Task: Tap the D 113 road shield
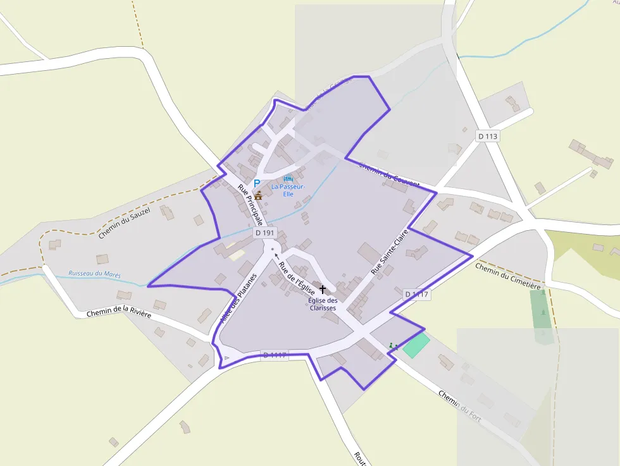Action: pyautogui.click(x=488, y=136)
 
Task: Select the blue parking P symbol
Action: pyautogui.click(x=257, y=183)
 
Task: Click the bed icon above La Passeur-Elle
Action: pyautogui.click(x=288, y=178)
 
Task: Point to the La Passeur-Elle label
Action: pyautogui.click(x=288, y=190)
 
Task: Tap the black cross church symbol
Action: pyautogui.click(x=322, y=289)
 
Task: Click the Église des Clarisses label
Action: pyautogui.click(x=323, y=304)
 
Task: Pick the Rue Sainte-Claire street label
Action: pyautogui.click(x=390, y=251)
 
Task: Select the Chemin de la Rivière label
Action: pyautogui.click(x=119, y=313)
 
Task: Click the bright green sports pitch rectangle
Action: pyautogui.click(x=416, y=346)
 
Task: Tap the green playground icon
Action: pyautogui.click(x=393, y=346)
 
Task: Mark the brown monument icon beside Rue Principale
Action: pyautogui.click(x=258, y=196)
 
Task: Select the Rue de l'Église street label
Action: pyautogui.click(x=297, y=278)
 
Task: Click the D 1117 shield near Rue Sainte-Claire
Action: pyautogui.click(x=416, y=294)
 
